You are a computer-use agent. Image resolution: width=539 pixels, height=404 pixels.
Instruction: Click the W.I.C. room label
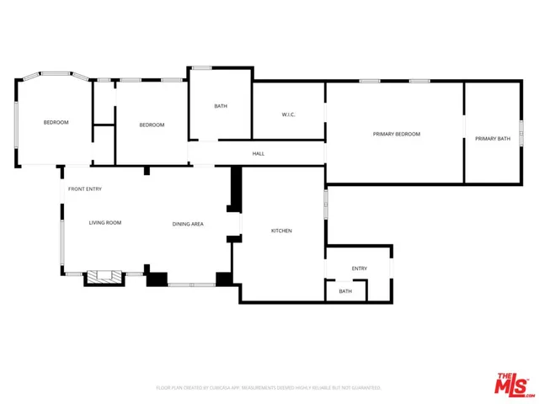click(288, 114)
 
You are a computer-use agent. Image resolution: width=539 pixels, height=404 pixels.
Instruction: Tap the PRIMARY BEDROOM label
click(396, 134)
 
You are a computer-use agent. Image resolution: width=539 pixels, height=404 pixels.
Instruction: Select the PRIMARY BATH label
click(492, 138)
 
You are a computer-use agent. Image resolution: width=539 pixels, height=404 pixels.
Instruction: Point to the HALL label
click(259, 154)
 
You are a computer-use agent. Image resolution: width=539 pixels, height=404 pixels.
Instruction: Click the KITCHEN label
click(281, 231)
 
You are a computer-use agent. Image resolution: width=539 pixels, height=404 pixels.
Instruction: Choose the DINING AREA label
click(188, 224)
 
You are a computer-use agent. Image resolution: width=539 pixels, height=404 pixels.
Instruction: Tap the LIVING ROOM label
click(105, 222)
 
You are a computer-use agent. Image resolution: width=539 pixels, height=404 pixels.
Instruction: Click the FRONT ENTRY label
click(85, 189)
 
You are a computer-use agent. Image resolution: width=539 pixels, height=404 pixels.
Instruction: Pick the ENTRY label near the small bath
click(360, 268)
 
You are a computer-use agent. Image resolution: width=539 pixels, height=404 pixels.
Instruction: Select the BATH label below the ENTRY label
click(345, 291)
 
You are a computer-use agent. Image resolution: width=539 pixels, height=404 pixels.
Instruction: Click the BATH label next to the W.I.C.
click(221, 106)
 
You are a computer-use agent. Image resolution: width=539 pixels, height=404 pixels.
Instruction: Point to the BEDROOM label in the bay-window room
click(56, 123)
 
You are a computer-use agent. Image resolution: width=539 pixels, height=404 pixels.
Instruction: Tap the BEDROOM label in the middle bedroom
click(152, 125)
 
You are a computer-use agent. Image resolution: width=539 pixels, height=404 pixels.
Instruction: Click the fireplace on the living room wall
click(104, 277)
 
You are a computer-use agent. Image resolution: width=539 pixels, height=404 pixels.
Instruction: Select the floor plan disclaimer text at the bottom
click(274, 388)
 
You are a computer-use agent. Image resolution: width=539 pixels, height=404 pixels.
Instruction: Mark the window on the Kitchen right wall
click(326, 205)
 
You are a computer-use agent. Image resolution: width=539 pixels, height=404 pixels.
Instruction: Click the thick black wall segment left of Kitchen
click(236, 187)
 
